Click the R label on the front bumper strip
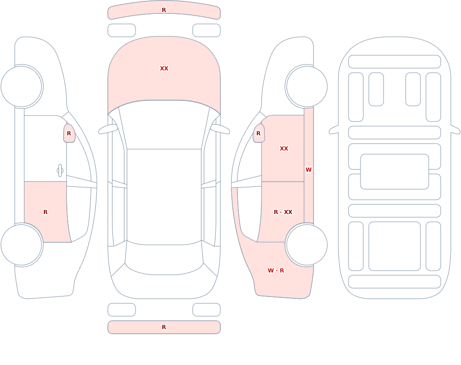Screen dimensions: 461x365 tap(164, 10)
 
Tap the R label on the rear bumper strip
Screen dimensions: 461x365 tap(164, 327)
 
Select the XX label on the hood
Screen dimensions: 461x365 tap(164, 69)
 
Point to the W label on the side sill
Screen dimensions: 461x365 tap(308, 170)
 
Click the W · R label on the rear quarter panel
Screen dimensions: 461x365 tap(276, 271)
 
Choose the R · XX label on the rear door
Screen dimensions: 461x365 tap(283, 212)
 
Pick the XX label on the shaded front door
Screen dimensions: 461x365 tap(284, 149)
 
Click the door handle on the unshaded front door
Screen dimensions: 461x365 tap(60, 171)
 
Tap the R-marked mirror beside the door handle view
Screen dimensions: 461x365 tap(69, 133)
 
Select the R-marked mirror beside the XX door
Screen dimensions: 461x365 tap(259, 133)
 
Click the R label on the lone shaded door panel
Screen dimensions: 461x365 tap(45, 212)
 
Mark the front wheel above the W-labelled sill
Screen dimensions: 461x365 tap(307, 87)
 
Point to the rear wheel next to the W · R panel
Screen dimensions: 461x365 tap(307, 245)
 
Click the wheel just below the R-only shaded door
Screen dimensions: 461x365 tap(22, 245)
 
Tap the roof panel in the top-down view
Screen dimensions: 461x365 tap(164, 196)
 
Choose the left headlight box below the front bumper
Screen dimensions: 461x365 tap(122, 30)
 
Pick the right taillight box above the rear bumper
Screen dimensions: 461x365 tap(207, 310)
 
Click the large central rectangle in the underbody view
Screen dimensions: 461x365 tap(395, 172)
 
